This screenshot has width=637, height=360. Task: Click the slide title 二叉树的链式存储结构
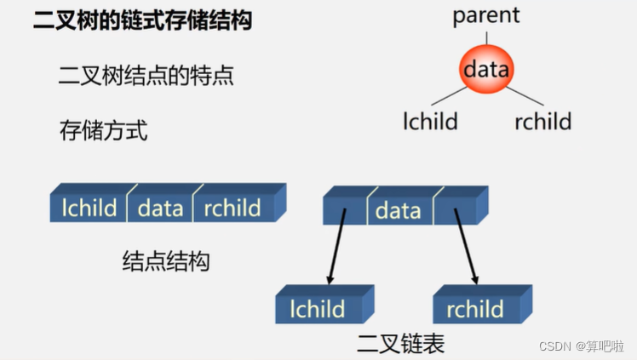[142, 21]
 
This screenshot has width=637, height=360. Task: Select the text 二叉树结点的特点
[146, 76]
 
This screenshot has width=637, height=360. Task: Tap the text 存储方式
[103, 130]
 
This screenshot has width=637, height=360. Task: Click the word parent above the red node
[486, 15]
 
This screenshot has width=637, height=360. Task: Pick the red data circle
[486, 69]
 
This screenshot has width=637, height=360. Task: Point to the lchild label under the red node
[430, 121]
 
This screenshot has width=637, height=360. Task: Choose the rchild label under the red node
[542, 121]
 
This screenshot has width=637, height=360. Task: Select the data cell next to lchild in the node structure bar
[160, 208]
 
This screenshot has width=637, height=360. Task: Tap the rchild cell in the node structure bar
[232, 208]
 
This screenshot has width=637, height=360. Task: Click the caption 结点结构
[166, 261]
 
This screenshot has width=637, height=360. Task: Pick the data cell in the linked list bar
[398, 209]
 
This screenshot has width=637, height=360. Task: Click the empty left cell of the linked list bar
[344, 209]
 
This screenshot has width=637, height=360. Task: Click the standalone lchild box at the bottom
[317, 308]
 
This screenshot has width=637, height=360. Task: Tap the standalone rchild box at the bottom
[474, 308]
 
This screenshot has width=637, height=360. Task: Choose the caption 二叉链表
[400, 343]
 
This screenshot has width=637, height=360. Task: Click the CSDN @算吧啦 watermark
[584, 346]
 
